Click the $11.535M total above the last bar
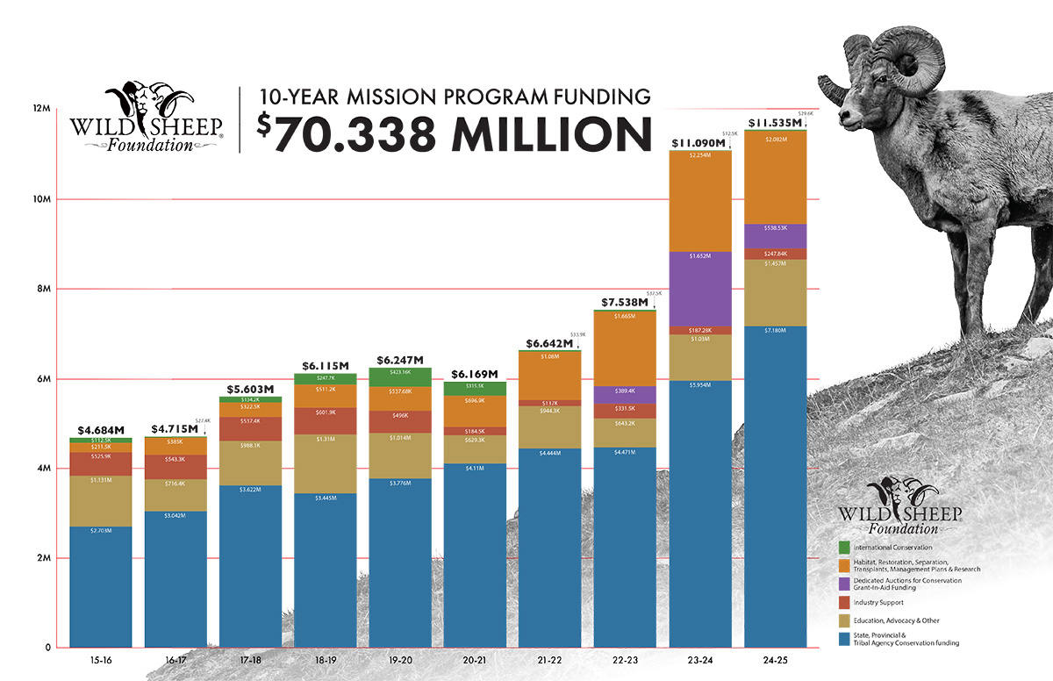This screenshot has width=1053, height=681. pos(774,123)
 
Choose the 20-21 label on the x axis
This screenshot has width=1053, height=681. pos(475,659)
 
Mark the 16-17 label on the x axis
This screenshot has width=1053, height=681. pos(175,659)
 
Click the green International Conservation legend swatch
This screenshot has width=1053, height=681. pos(844,548)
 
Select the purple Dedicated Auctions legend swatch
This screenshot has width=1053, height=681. pos(844,583)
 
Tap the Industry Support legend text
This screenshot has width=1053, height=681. pos(878,602)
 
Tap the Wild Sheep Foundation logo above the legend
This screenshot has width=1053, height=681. pos(900,507)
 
